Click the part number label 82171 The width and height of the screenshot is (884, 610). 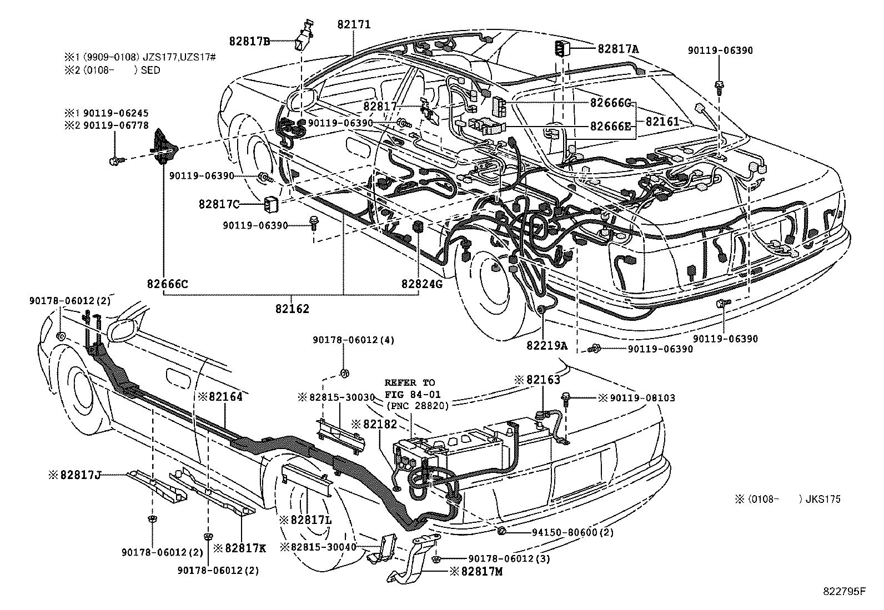[x=354, y=25]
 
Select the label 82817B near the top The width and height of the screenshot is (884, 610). [x=250, y=41]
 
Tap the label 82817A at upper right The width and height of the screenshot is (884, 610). [x=618, y=49]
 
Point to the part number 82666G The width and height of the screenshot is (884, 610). [x=610, y=103]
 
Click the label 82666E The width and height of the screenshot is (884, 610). [x=610, y=127]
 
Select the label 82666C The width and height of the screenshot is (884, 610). [x=168, y=284]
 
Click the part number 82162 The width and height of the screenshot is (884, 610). [x=292, y=309]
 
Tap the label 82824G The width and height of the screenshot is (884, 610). [x=422, y=284]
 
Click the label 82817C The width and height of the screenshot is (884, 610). [x=219, y=204]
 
